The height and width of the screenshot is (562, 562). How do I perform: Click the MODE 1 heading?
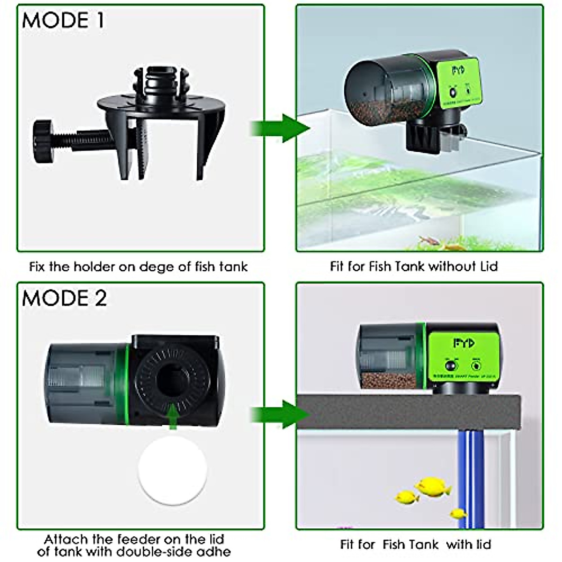pos(63,21)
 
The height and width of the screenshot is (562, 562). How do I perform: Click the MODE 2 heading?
pos(65,298)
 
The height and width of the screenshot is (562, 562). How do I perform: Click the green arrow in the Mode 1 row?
pos(280,128)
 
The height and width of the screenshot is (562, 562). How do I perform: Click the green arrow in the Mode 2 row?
pos(280,414)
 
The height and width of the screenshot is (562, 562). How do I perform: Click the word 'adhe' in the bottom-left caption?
pos(215,551)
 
